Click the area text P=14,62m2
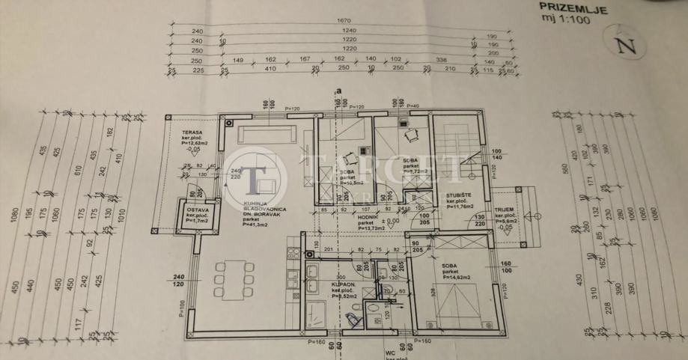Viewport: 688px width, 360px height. [457, 277]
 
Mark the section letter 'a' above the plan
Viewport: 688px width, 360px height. [338, 91]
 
